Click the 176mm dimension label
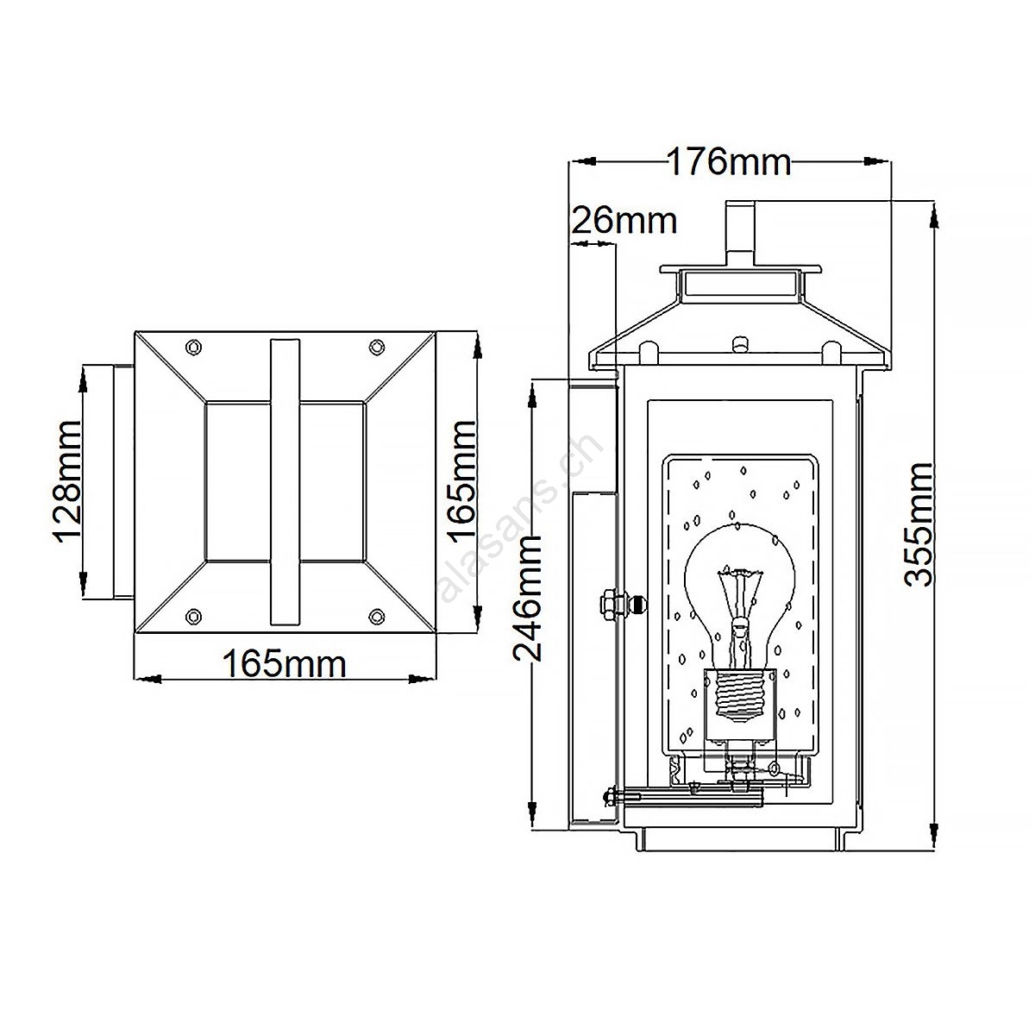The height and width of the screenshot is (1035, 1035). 729,161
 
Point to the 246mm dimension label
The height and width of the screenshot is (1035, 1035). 528,598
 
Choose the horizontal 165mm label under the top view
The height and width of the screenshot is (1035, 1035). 284,664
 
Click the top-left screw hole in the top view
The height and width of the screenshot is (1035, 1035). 193,348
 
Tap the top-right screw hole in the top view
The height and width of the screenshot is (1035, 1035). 377,348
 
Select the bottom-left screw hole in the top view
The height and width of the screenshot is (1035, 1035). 193,616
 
